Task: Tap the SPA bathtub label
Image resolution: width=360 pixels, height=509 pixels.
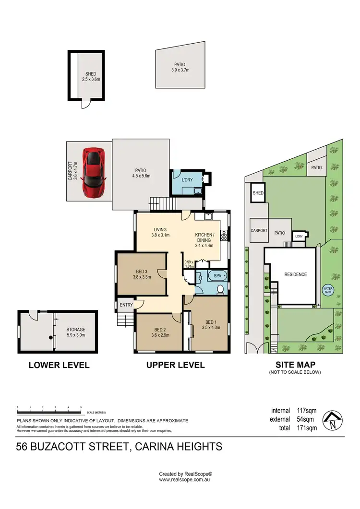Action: (218, 276)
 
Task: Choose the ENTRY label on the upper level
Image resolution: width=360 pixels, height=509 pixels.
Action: (126, 305)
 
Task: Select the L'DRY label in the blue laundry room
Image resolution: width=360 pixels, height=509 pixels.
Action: (187, 179)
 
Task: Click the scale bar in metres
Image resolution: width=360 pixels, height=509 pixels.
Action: (49, 409)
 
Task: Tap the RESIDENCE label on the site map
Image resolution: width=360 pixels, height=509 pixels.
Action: (295, 275)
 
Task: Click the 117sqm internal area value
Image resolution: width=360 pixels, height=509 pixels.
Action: (306, 411)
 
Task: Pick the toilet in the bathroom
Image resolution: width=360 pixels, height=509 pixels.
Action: (220, 289)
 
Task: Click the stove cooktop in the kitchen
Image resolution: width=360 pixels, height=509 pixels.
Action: (223, 236)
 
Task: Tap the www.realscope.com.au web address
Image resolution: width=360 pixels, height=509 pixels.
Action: (185, 479)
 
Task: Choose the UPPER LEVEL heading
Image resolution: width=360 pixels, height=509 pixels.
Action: (175, 365)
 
